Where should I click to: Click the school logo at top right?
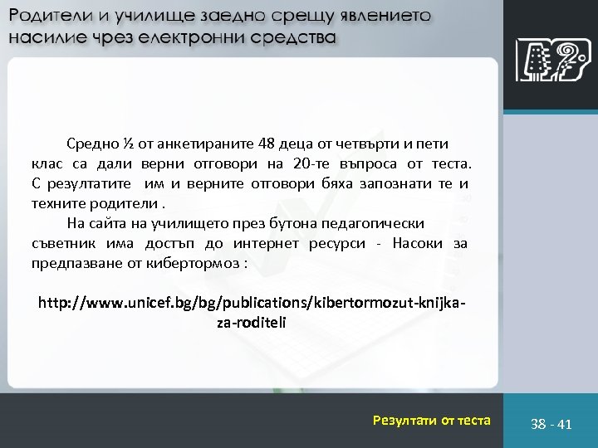[x=547, y=60]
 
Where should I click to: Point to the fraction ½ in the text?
[x=128, y=145]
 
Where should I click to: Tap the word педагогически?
[x=380, y=223]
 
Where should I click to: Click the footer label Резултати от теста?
[x=432, y=421]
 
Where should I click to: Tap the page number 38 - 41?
[x=551, y=424]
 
